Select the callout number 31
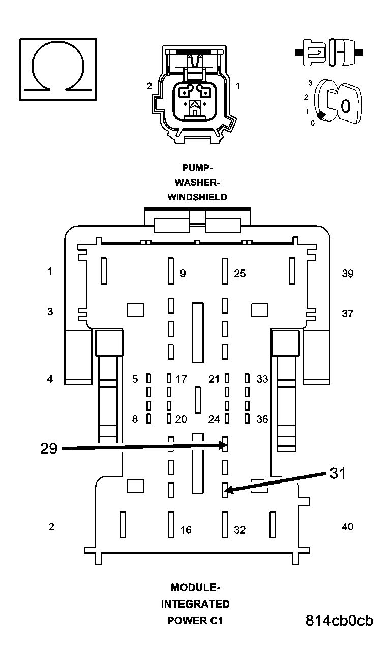338,473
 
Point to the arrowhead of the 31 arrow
228,491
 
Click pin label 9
183,274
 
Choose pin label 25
239,274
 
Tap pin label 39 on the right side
348,274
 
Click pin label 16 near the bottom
186,530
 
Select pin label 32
239,530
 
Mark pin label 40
348,527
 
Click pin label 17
181,379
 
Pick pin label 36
262,419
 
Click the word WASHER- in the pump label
197,182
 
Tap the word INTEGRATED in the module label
195,604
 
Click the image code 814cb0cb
339,621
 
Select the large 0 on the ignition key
345,106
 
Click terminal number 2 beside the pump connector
149,86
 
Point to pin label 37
347,314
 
